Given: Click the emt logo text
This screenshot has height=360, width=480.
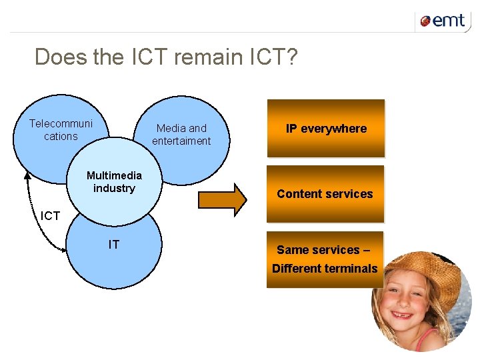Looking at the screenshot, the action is (449, 21).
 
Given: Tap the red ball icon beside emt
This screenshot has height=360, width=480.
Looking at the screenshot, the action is (425, 22).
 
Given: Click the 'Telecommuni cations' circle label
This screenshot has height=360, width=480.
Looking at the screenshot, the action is (61, 130).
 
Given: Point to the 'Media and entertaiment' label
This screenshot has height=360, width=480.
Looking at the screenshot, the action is (181, 135).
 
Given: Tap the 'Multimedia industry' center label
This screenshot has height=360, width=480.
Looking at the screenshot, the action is (114, 182).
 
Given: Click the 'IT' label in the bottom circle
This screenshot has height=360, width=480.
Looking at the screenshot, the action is (114, 245).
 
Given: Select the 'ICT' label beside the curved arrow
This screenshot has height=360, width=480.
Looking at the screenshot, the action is (51, 216).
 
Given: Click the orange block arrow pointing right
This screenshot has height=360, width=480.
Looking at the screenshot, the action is (223, 199).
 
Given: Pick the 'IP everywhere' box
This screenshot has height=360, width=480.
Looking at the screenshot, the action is (326, 129).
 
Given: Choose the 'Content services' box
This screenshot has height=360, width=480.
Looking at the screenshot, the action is (325, 194).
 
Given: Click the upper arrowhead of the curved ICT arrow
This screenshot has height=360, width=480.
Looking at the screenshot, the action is (28, 175).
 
